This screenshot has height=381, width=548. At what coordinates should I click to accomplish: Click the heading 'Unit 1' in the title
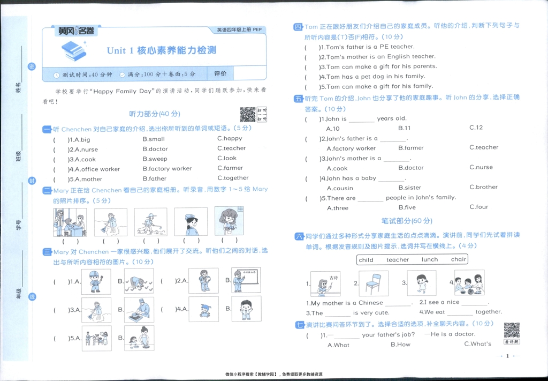coord(120,51)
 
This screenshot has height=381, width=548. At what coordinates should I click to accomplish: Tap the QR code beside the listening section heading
coord(247,115)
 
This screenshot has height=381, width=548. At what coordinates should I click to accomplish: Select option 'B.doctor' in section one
coord(155,149)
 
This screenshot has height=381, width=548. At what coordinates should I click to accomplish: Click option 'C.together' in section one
coord(233,178)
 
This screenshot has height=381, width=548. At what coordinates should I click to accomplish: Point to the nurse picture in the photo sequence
coord(191,222)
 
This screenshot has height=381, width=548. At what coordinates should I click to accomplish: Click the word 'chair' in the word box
coord(459,259)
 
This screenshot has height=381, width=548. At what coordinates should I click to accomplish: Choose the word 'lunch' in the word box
coord(430,259)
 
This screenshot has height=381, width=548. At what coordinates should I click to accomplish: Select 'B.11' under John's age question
coord(405,129)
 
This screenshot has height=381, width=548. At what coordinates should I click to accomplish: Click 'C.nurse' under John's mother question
coord(481,167)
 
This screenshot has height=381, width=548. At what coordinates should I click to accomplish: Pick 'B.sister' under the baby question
coord(410,188)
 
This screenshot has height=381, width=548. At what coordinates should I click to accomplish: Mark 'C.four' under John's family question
coord(479,207)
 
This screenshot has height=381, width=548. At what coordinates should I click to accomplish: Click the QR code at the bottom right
coord(512,330)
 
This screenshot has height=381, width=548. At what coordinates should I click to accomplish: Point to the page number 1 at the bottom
coord(507,356)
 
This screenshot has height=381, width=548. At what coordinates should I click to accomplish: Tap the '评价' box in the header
coord(220,73)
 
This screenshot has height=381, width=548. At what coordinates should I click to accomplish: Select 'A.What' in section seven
coord(338,345)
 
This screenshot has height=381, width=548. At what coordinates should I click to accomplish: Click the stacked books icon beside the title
coord(73,50)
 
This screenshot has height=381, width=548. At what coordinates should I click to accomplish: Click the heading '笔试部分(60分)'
coord(407,221)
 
